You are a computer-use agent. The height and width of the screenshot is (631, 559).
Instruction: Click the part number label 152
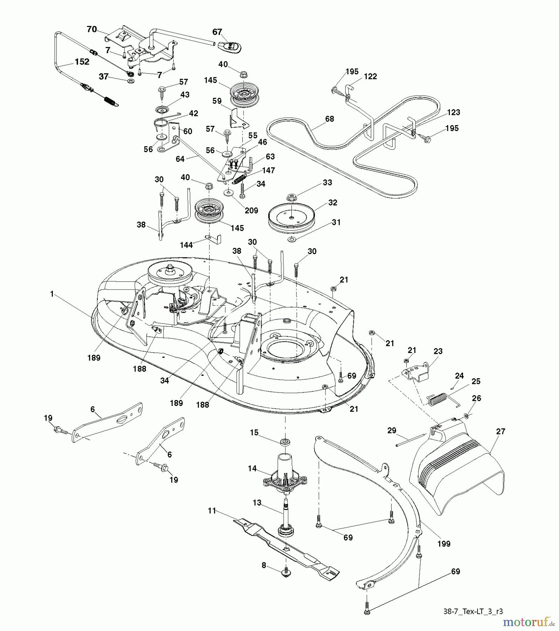point(82,62)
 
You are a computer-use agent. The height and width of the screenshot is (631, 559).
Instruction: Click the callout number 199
point(443,544)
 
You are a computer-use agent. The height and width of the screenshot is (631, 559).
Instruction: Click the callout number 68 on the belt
point(329,119)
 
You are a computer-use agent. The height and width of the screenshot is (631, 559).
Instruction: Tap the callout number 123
point(454,112)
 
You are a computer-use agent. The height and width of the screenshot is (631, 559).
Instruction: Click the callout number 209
point(251,210)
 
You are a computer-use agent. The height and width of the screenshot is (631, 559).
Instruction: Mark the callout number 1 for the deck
point(52,294)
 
